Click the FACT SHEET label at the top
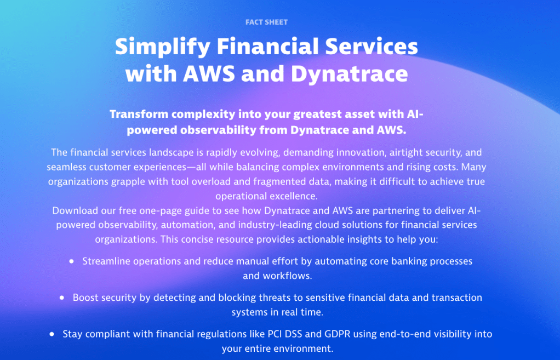(266, 22)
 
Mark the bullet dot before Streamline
(71, 261)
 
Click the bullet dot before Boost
(62, 298)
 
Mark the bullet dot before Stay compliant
(52, 334)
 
